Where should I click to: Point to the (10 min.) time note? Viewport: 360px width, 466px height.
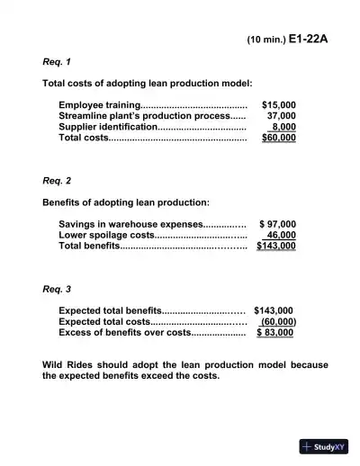(266, 40)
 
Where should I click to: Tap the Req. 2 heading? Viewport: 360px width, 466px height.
(58, 180)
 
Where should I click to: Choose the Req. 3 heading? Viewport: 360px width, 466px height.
(58, 289)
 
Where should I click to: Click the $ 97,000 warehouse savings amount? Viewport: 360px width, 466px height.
(277, 223)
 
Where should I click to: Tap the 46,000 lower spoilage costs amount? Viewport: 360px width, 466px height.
(282, 234)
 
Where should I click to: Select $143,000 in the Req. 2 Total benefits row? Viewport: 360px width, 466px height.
(276, 245)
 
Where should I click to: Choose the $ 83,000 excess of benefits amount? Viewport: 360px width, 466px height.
(275, 332)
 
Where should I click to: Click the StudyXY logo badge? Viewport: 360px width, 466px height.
(324, 446)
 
